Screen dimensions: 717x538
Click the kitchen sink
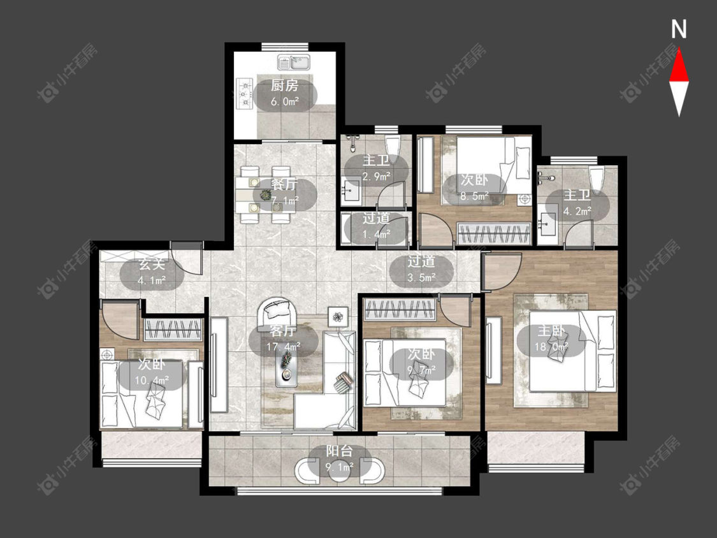293,62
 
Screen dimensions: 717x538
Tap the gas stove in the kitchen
245,94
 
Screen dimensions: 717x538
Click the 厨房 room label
284,85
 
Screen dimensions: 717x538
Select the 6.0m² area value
285,101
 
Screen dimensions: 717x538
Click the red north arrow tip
679,50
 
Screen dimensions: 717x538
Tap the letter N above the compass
679,30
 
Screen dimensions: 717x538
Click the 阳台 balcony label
339,451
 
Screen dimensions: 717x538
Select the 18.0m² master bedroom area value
551,347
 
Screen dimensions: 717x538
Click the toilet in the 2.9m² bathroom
393,145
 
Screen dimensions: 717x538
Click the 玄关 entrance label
152,264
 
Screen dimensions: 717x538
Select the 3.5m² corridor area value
422,277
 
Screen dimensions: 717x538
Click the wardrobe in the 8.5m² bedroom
494,234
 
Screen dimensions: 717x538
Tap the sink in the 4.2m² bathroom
546,224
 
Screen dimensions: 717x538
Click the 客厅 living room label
283,330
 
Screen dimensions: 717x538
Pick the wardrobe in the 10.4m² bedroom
173,330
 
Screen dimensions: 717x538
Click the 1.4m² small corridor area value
376,234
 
